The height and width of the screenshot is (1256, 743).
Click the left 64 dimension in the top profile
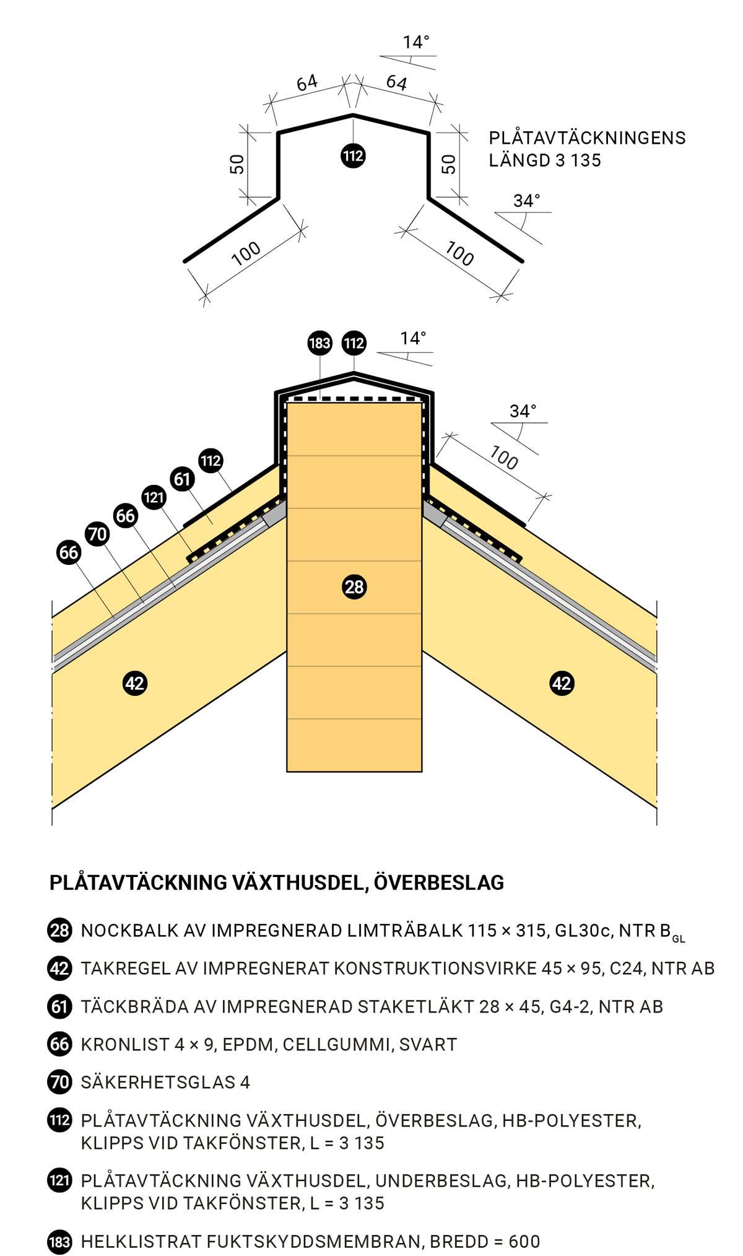point(307,82)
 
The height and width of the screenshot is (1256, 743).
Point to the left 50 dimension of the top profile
point(237,164)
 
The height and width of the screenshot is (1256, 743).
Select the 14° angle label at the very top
point(416,42)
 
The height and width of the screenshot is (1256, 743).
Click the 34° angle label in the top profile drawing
point(527,201)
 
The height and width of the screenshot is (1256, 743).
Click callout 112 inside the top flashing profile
point(353,155)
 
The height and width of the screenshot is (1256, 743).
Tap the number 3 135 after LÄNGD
point(578,160)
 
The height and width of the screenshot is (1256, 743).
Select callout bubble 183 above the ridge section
point(319,343)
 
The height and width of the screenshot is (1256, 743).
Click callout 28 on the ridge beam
point(354,587)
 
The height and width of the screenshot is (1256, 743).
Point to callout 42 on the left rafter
point(134,683)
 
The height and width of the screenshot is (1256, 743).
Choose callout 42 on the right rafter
point(562,683)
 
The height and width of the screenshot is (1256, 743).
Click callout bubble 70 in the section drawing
point(97,534)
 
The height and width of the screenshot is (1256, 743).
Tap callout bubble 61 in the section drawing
point(182,479)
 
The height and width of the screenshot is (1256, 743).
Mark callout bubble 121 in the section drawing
point(154,497)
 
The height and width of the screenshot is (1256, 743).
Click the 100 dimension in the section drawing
point(503,458)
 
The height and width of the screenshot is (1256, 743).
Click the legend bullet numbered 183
point(59,1242)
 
